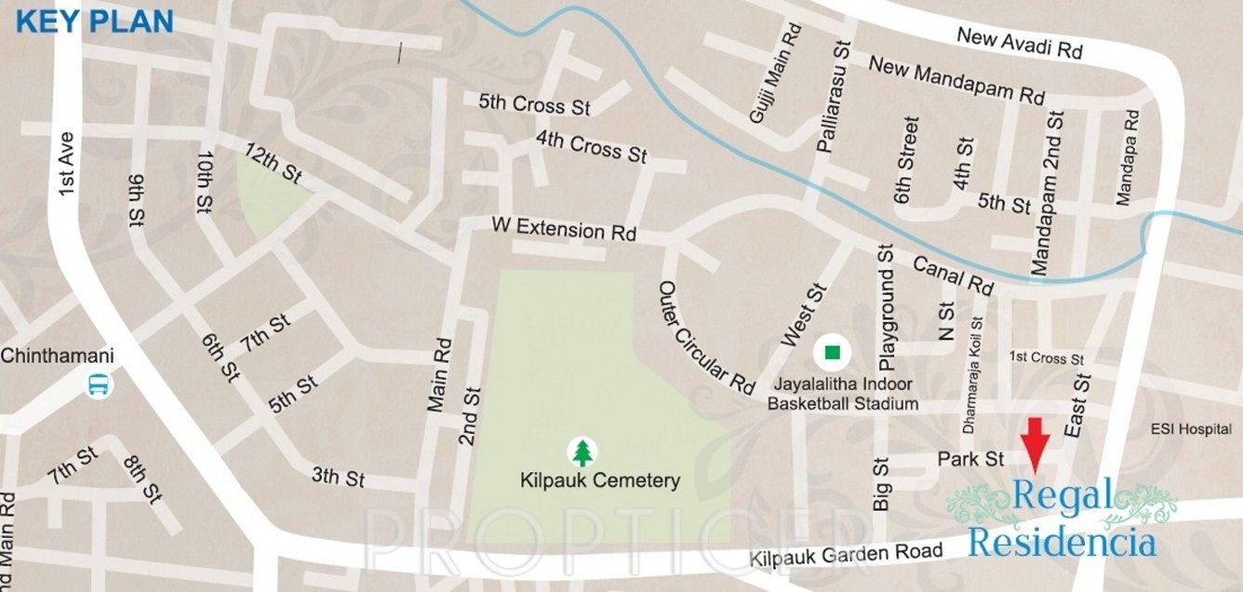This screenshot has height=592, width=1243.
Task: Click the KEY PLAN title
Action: click(x=95, y=21)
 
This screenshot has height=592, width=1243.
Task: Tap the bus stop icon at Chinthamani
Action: click(x=98, y=383)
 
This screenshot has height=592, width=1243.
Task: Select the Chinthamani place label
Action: click(x=57, y=356)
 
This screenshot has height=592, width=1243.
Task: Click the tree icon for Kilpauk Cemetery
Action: click(x=582, y=452)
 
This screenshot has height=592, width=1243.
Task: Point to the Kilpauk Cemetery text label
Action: click(x=600, y=481)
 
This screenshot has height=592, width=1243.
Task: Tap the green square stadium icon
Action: click(x=833, y=353)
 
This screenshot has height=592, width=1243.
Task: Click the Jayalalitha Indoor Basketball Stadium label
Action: click(x=843, y=394)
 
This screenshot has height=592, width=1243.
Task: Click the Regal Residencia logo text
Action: click(x=1062, y=518)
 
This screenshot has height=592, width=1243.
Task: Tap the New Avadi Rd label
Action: click(x=1020, y=44)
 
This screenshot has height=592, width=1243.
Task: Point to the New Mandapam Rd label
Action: click(x=956, y=80)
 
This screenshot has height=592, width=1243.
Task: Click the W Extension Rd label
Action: click(x=564, y=229)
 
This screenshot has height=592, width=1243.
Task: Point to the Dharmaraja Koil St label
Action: click(x=974, y=379)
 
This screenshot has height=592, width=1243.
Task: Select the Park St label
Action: click(x=970, y=460)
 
